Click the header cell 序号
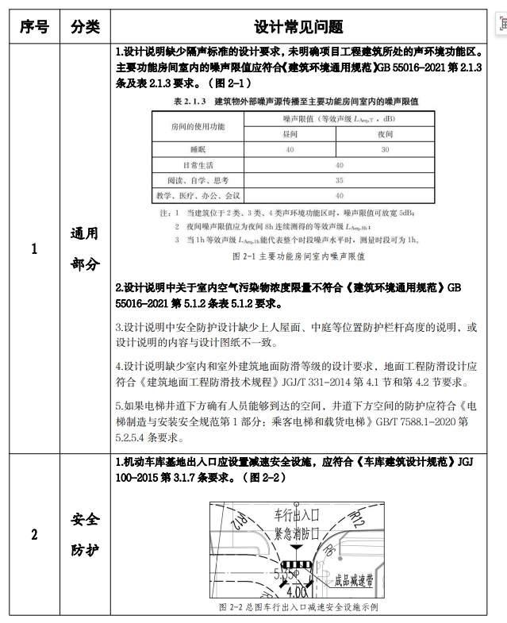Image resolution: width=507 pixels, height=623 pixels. point(33,26)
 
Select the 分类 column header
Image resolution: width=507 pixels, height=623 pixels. point(85,26)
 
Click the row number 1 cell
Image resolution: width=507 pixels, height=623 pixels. point(33,248)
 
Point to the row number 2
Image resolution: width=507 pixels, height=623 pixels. point(33,534)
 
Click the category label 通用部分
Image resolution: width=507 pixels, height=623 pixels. point(85,248)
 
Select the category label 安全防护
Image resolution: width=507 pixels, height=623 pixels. point(85,534)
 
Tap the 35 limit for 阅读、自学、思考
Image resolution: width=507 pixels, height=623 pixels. point(340,180)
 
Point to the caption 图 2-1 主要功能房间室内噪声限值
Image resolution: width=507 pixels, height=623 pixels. point(298,257)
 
